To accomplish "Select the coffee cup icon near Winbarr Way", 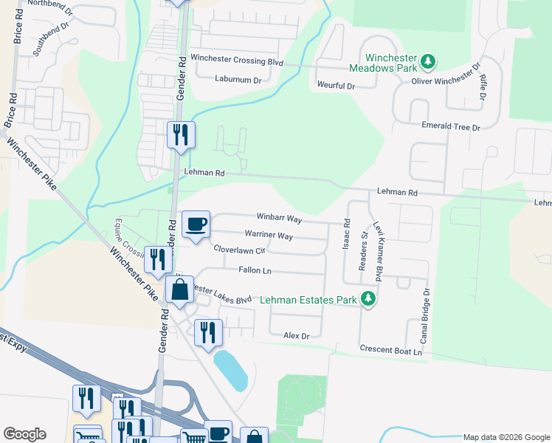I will [x=196, y=224].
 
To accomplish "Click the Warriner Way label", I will [x=269, y=236].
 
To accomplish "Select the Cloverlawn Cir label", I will [x=239, y=250].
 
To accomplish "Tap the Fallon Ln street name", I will [x=255, y=271].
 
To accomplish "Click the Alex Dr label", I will [x=295, y=335].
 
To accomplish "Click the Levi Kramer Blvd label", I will [x=379, y=250].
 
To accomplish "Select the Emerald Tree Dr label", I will [x=451, y=127].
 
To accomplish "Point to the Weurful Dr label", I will [x=337, y=86].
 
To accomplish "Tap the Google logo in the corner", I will [x=24, y=434].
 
